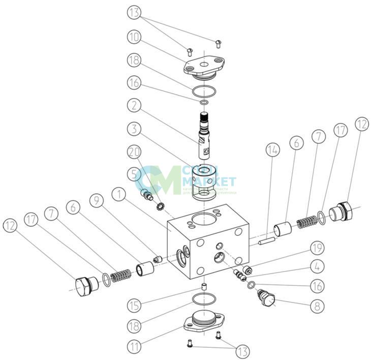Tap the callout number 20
134,152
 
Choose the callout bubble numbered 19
316,249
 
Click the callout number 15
134,306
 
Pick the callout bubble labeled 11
133,348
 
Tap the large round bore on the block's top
202,220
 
